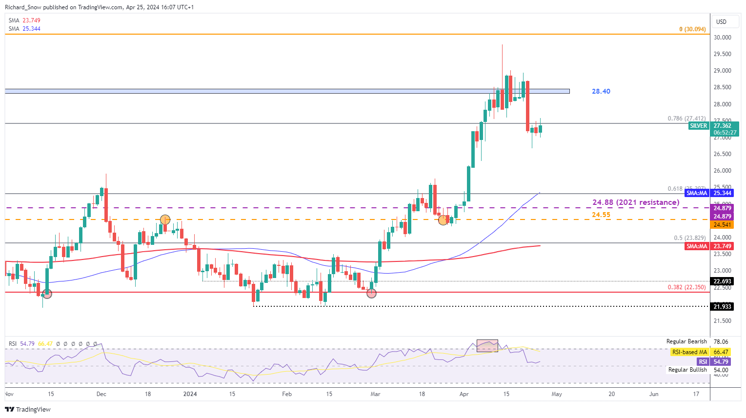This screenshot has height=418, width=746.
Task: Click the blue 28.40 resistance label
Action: [601, 91]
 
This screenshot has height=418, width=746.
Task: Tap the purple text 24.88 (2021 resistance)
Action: [635, 202]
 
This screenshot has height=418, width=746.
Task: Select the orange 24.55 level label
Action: [601, 215]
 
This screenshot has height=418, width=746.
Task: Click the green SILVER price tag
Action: [698, 126]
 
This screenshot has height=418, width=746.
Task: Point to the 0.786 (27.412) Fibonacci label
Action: [686, 119]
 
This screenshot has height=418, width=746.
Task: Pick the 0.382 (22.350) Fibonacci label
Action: [686, 287]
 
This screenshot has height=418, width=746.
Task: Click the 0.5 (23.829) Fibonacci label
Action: [689, 238]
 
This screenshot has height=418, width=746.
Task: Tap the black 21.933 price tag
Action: [722, 306]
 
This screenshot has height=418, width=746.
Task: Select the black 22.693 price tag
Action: [722, 281]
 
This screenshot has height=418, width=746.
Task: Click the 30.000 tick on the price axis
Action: [722, 38]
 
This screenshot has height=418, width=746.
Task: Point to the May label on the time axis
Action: [557, 394]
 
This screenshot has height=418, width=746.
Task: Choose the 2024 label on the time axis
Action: [190, 394]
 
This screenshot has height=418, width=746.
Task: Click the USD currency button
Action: [721, 21]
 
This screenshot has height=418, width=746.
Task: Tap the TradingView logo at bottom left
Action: [28, 409]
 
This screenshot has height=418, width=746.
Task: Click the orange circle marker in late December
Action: [165, 220]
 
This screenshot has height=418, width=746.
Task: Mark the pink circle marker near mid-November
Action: [47, 294]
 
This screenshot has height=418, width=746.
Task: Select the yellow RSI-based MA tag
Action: [689, 352]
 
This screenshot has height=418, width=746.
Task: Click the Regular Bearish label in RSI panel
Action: [686, 341]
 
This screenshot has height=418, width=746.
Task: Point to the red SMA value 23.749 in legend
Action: [31, 20]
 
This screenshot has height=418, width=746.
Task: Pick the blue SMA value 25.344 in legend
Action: [31, 29]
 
